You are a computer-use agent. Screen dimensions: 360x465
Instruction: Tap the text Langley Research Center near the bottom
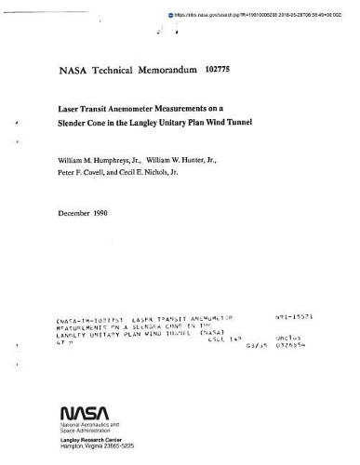coord(91,443)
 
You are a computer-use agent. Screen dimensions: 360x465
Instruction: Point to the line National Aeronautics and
coord(92,425)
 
